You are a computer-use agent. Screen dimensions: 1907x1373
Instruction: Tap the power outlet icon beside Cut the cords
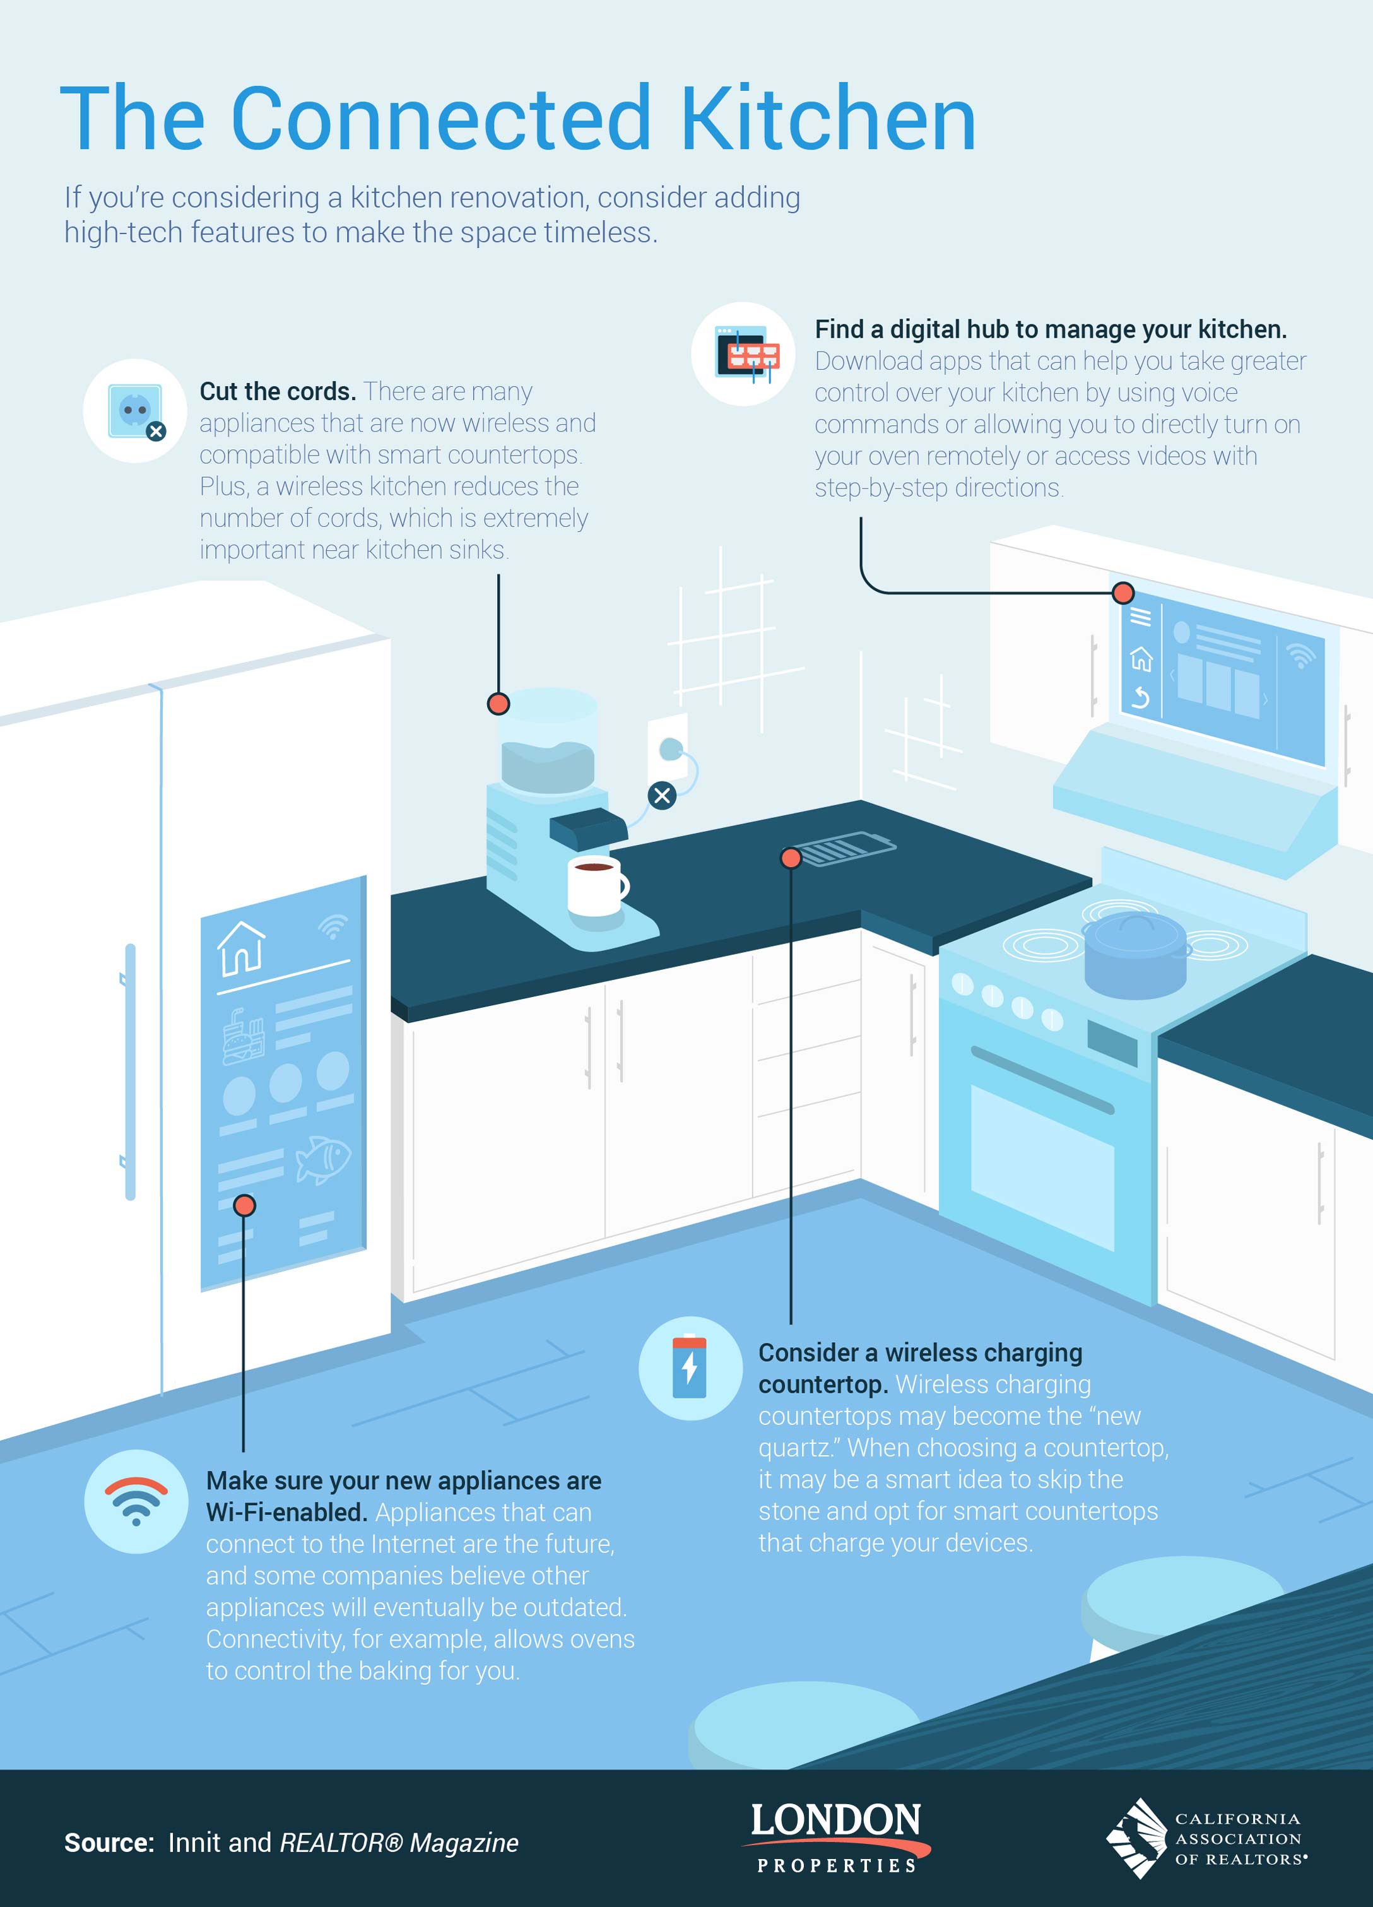pos(134,411)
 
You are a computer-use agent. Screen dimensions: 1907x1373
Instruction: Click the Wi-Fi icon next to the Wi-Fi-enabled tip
pos(136,1501)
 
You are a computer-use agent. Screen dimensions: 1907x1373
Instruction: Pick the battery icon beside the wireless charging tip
pos(690,1368)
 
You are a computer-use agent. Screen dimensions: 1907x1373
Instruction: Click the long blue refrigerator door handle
pos(131,1072)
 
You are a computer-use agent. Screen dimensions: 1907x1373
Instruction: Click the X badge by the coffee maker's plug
pos(663,794)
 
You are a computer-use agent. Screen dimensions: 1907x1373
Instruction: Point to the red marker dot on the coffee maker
pos(498,704)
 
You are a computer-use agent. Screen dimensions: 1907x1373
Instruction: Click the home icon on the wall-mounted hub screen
pos(1141,658)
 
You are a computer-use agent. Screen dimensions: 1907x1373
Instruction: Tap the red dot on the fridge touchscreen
pos(244,1206)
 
